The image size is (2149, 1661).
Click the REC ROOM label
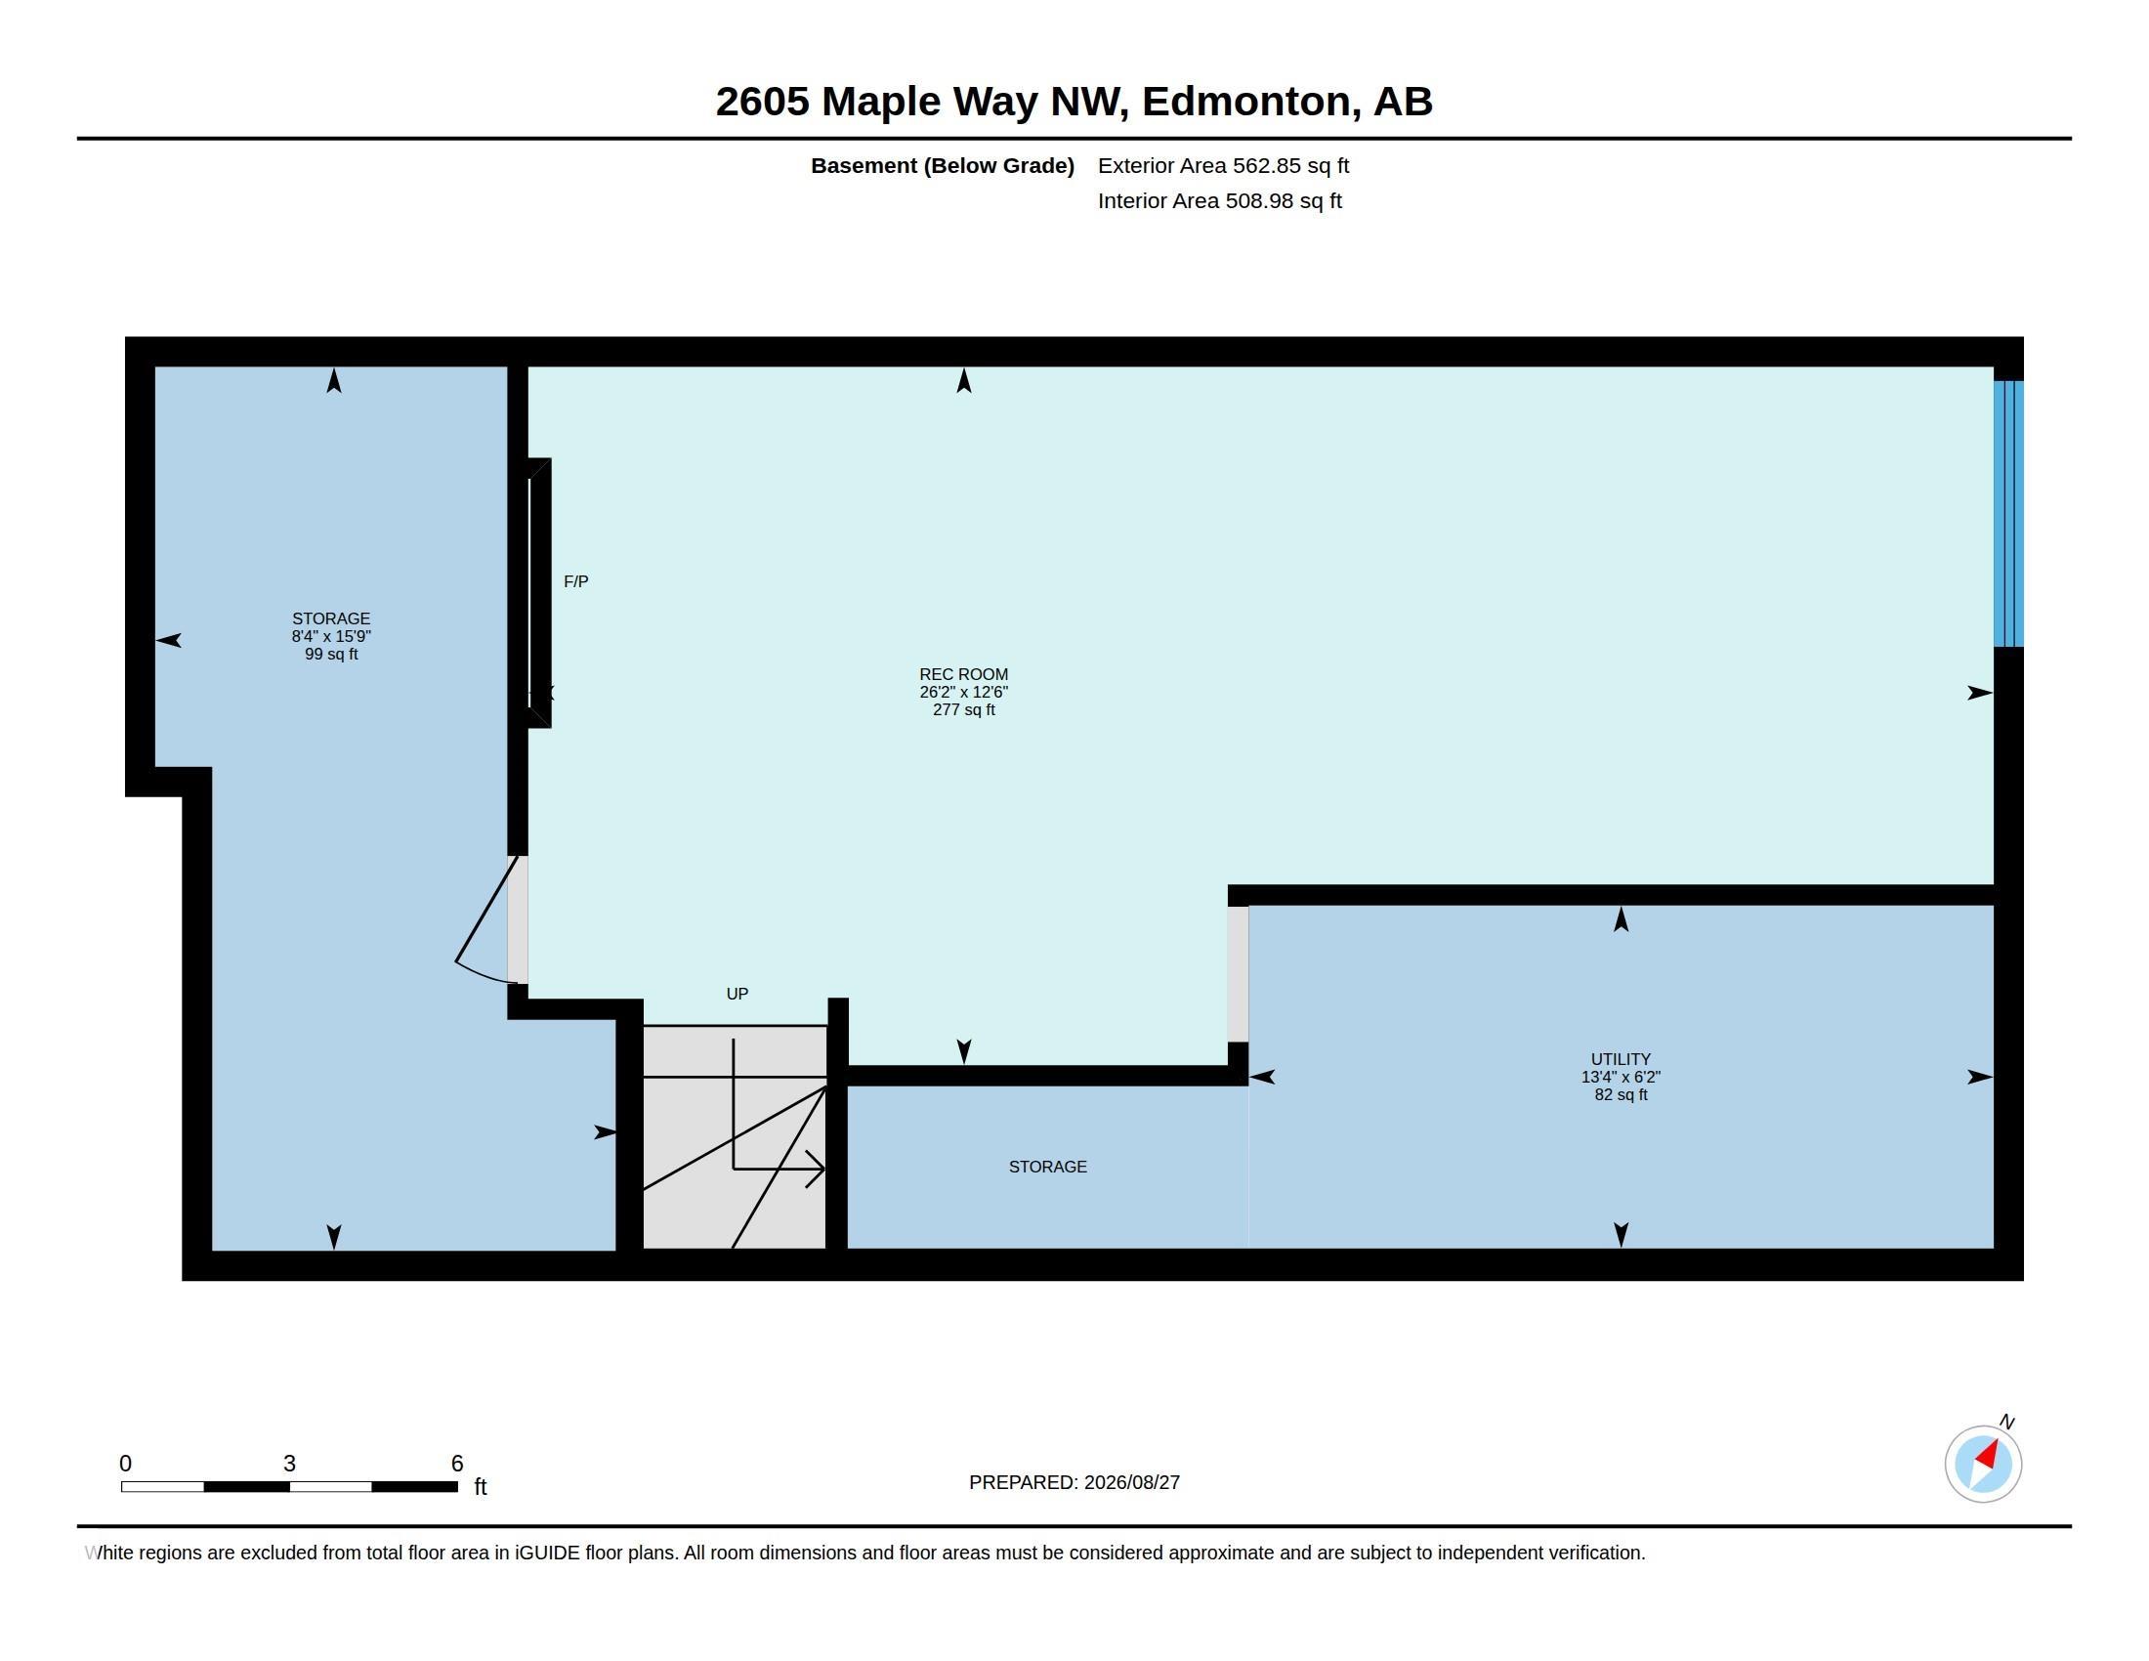(963, 674)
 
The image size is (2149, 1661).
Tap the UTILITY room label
(1621, 1060)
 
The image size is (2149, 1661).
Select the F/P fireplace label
(575, 581)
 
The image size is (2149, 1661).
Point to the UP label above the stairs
(737, 994)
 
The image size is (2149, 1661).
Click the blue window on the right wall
(2008, 514)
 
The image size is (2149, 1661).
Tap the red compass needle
(1988, 1455)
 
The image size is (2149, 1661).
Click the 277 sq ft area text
(963, 709)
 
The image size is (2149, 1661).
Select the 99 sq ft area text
(330, 655)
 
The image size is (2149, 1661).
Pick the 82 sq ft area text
(1621, 1094)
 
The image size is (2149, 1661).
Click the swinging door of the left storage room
(486, 920)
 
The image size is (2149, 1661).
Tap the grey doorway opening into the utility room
(1238, 974)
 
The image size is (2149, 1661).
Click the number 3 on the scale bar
(289, 1464)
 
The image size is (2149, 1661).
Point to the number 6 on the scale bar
(456, 1464)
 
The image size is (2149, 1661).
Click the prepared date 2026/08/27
(1131, 1482)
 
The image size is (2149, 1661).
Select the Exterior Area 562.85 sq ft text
(1223, 165)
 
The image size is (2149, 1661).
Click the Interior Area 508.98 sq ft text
(1219, 200)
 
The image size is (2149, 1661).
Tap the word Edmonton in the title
(1244, 102)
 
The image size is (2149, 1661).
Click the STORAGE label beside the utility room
(1047, 1167)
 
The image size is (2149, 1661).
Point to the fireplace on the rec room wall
(539, 593)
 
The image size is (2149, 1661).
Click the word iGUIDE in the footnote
(547, 1553)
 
